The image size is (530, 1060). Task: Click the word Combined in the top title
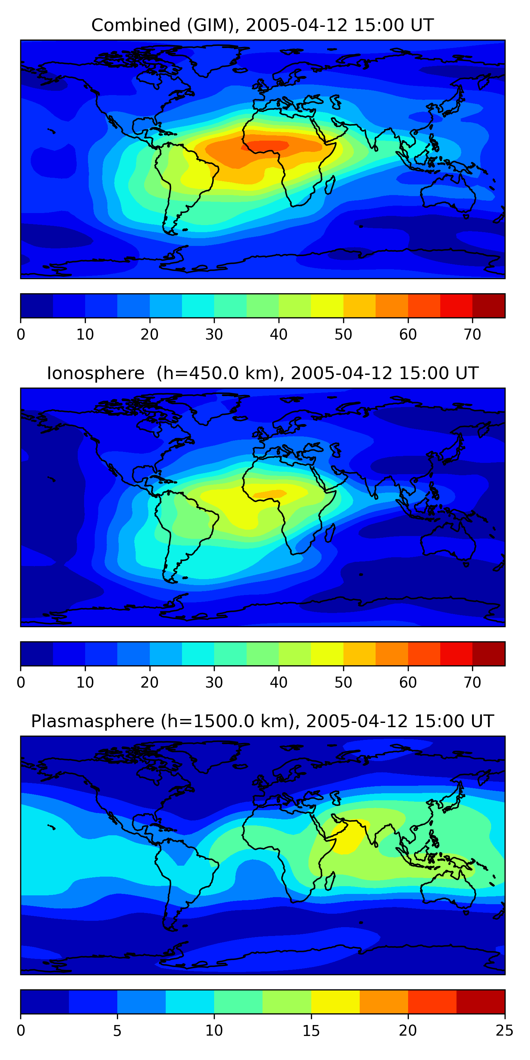135,25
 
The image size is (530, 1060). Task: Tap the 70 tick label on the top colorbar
472,335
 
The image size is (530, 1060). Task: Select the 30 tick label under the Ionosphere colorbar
214,682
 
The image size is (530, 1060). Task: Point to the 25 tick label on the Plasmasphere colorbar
505,1030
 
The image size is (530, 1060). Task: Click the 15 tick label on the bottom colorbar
311,1030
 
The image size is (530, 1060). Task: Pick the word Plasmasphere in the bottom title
93,722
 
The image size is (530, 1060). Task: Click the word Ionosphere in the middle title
95,373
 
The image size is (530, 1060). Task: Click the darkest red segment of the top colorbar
488,306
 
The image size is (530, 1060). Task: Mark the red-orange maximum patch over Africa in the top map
267,146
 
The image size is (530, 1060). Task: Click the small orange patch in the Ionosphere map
272,493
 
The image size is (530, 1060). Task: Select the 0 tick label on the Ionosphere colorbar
21,682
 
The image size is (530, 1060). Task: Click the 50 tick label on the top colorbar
343,335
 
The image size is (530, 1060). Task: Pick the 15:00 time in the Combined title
373,25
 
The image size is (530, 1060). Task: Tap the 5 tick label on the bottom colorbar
117,1030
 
